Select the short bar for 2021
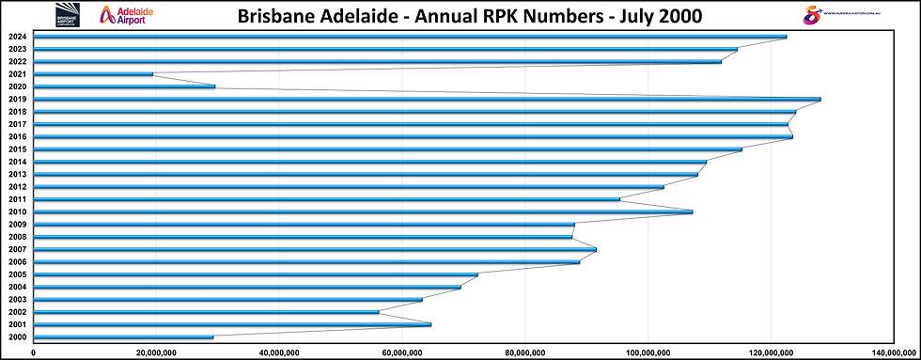[94, 74]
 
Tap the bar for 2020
[125, 86]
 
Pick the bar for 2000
[124, 337]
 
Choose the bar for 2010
[364, 211]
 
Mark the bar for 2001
[233, 324]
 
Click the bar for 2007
[316, 249]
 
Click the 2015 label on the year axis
[16, 149]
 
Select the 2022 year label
[16, 61]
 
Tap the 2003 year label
[16, 299]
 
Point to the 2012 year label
[16, 186]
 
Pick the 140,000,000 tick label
[895, 352]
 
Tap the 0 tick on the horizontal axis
[34, 352]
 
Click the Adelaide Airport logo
[125, 15]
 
